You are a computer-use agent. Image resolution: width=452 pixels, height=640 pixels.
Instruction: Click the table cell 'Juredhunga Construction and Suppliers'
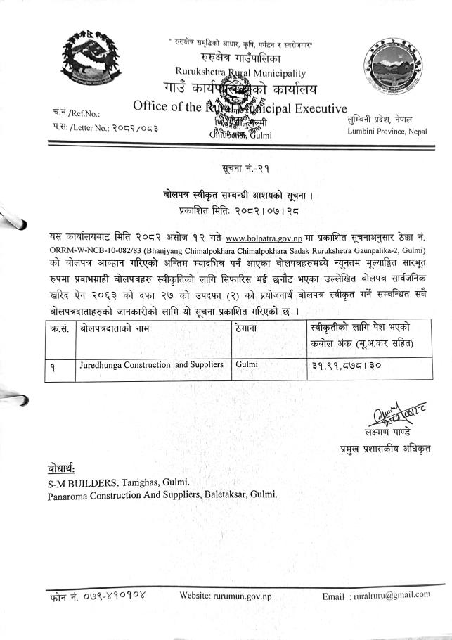pos(152,364)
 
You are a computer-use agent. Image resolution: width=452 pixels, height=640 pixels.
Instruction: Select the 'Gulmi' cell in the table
pos(248,364)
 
